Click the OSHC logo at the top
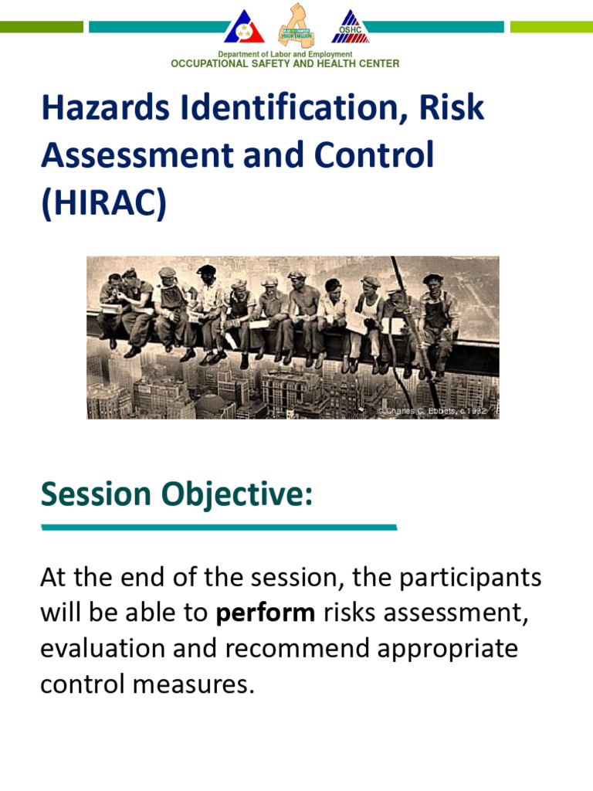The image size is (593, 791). [351, 27]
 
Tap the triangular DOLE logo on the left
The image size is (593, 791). [244, 27]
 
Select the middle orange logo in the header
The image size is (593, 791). [296, 25]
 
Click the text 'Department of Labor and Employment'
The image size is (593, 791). [285, 55]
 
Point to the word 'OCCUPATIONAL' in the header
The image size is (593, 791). [210, 64]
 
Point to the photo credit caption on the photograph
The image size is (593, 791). [432, 411]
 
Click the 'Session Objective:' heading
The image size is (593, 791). [177, 494]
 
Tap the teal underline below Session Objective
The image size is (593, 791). [219, 528]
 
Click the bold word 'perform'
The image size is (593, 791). [266, 613]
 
